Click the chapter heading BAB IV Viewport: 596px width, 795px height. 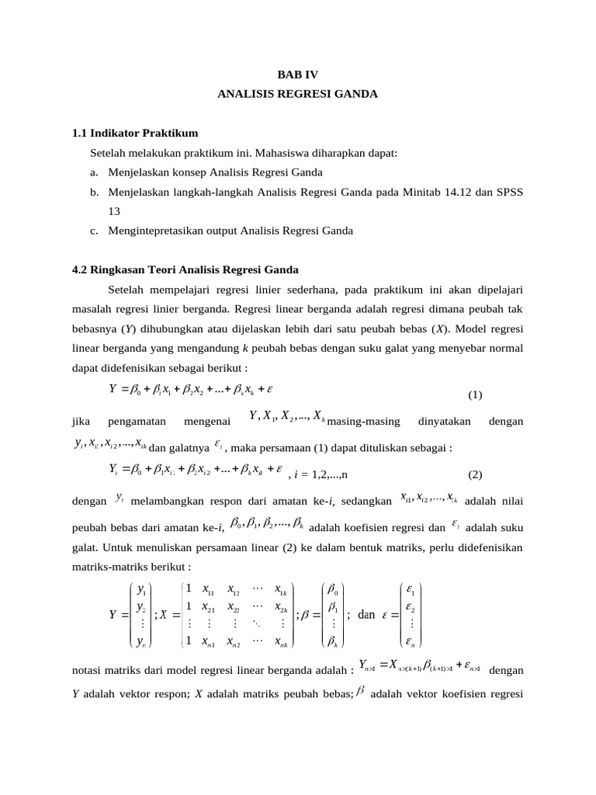[x=297, y=74]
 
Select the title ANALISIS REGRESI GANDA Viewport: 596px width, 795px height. [x=297, y=94]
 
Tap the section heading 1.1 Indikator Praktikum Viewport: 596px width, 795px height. [x=135, y=133]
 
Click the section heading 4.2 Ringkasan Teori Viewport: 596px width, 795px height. [x=185, y=269]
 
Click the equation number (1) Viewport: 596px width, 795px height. [x=475, y=394]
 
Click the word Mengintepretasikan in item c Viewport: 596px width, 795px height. [x=158, y=230]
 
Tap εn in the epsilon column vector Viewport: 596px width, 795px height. [x=411, y=641]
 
